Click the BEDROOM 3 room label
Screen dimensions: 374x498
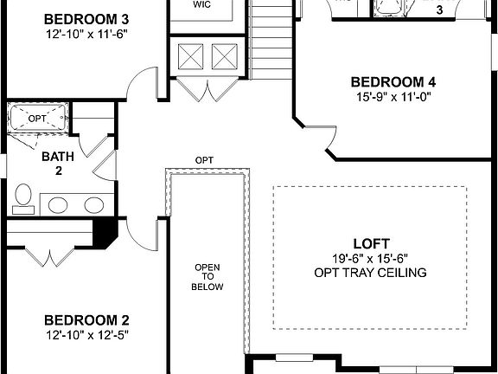coord(86,19)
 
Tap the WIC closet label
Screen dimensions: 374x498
coord(201,4)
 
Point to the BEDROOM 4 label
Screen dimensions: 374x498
coord(393,82)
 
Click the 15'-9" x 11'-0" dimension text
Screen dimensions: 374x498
coord(393,97)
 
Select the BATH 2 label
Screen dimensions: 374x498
coord(58,164)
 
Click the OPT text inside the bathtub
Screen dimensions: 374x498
coord(36,118)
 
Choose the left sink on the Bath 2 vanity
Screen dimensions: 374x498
coord(59,205)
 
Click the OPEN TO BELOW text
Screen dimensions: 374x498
coord(208,276)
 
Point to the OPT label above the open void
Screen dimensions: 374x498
coord(205,161)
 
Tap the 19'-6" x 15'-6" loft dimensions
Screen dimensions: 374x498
coord(372,258)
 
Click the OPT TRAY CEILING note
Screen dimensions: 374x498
coord(372,273)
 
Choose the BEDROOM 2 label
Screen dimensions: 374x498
coord(86,318)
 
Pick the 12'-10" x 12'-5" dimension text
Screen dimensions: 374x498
coord(86,333)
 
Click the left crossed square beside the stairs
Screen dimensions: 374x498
coord(190,58)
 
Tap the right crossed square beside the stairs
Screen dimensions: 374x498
coord(224,58)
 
